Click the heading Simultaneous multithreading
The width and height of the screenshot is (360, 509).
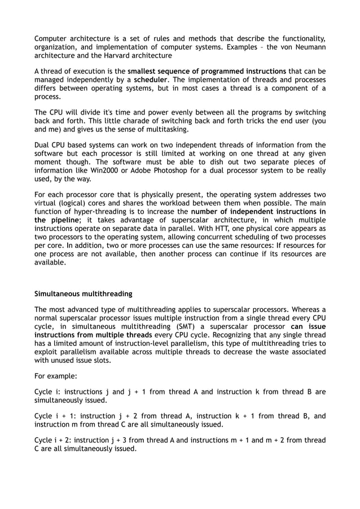[84, 293]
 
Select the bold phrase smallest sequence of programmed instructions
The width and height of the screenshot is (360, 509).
[207, 72]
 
